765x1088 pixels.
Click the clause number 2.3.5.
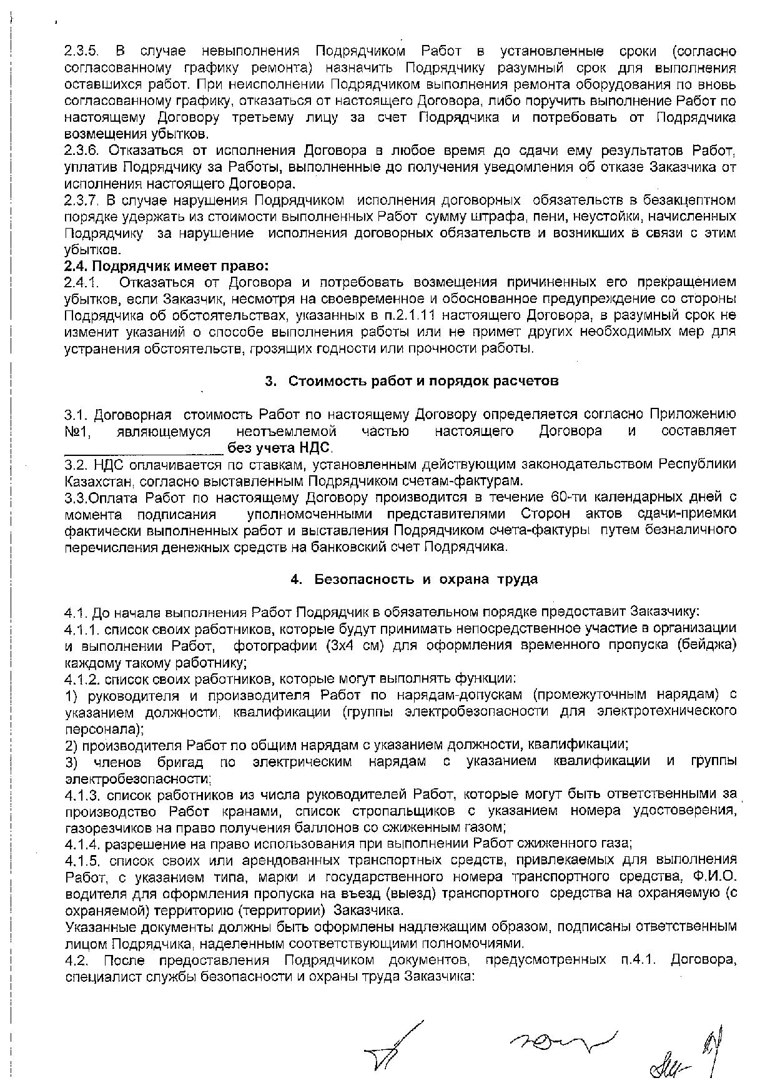(82, 51)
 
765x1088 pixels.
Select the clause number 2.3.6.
(82, 151)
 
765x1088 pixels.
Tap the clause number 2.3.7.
(82, 200)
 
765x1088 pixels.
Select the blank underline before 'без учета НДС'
(144, 448)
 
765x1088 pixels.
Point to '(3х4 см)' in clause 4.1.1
(353, 645)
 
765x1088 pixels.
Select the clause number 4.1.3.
(82, 794)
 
